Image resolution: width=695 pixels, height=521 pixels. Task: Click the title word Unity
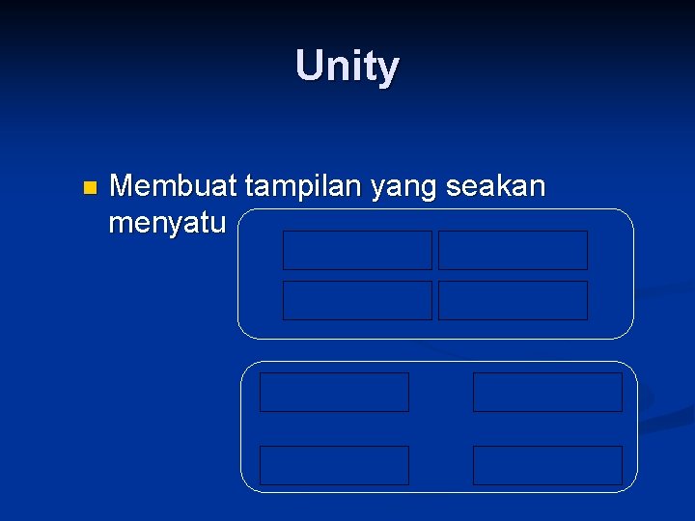[347, 67]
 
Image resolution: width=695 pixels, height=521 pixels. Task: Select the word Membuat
[174, 184]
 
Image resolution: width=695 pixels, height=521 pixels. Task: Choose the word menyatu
[167, 224]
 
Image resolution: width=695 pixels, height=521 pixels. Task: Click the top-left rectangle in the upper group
[357, 250]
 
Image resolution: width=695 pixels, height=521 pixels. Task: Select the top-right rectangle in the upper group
[513, 250]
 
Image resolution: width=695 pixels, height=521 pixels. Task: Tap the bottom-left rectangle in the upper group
[357, 300]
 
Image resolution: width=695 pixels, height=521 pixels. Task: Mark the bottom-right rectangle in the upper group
[513, 300]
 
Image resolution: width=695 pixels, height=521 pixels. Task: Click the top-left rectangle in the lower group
[334, 392]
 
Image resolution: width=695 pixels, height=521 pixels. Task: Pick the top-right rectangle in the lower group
[547, 392]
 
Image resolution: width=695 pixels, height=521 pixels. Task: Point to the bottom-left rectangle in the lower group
[334, 465]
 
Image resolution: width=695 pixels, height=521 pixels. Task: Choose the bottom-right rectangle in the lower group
[547, 465]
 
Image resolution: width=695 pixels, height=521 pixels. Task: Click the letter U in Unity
[309, 67]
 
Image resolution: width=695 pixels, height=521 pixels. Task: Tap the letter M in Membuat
[123, 184]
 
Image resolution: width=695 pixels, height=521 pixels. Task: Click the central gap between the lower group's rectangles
[440, 428]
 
